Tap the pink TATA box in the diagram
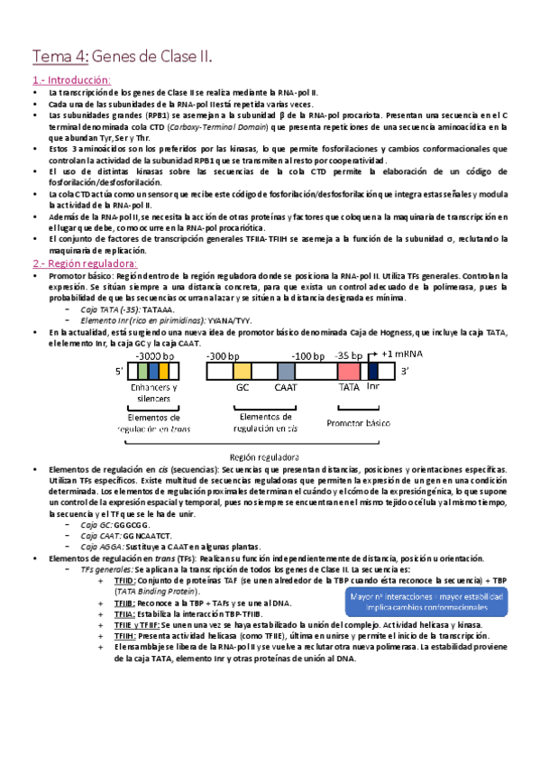point(349,371)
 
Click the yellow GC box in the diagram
point(243,371)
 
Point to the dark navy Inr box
point(373,371)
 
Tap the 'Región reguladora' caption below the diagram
point(269,457)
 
